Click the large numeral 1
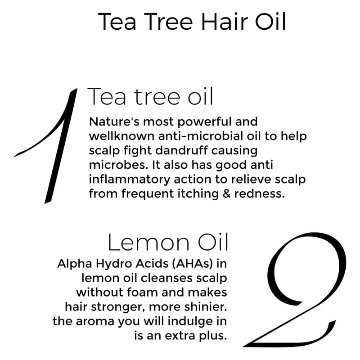click(x=60, y=147)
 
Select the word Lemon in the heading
click(x=148, y=243)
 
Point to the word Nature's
click(x=114, y=121)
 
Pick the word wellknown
click(x=121, y=136)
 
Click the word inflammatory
click(x=130, y=180)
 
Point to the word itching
click(x=198, y=194)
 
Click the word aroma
click(x=95, y=321)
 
